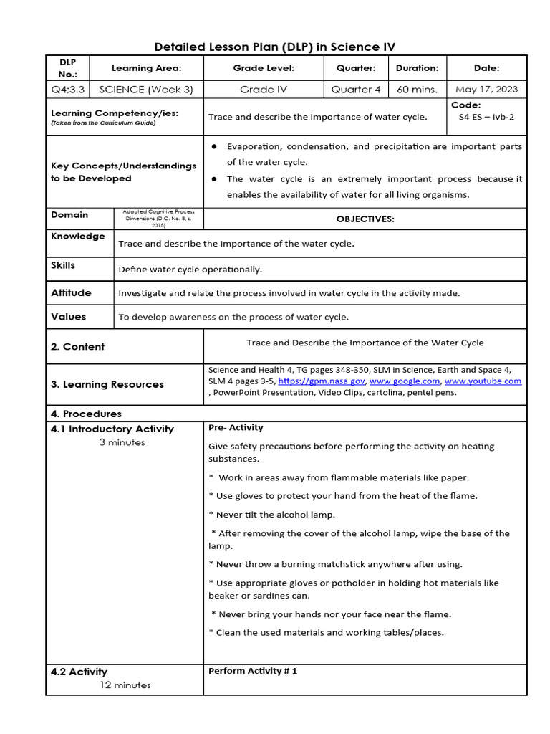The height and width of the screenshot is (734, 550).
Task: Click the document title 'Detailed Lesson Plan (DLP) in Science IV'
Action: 275,47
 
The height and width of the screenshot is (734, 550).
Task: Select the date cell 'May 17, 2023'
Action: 486,90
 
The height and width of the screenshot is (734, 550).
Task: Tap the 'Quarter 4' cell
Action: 356,90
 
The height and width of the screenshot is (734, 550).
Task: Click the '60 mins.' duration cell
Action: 418,90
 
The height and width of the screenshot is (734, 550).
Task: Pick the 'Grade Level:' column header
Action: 264,68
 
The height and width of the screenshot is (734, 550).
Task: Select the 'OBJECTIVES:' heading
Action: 365,219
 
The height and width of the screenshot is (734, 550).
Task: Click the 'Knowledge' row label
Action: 78,236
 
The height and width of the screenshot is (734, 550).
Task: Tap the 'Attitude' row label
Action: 71,292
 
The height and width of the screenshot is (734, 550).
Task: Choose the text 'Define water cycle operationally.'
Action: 190,270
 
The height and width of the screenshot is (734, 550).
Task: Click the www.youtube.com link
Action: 483,381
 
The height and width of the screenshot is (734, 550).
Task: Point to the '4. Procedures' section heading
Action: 86,414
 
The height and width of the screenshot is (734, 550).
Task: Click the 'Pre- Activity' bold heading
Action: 236,428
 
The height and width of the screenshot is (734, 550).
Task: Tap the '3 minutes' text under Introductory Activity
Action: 122,442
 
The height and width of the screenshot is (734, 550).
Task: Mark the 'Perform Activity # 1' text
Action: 252,671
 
